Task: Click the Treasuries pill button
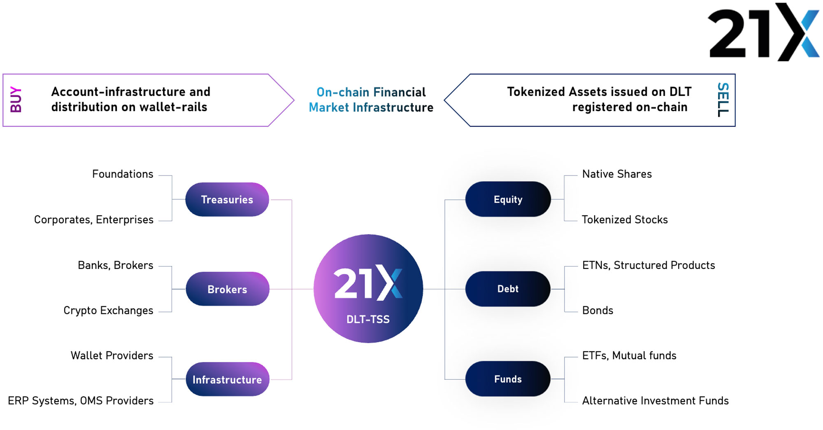tap(227, 200)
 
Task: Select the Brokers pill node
tap(228, 289)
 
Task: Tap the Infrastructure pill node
tap(228, 379)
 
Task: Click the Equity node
tap(508, 199)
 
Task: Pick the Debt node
tap(508, 289)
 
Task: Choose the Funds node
tap(508, 379)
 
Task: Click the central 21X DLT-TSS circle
tap(368, 289)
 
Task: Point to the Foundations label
tap(123, 174)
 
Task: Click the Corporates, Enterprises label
tap(94, 220)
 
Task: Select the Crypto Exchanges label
tap(108, 310)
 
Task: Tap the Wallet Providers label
tap(112, 355)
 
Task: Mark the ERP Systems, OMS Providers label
tap(81, 401)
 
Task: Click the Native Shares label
tap(617, 174)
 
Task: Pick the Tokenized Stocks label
tap(625, 220)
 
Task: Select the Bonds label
tap(597, 310)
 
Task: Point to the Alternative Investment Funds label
tap(655, 401)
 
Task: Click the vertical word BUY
tap(16, 100)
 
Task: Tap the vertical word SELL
tap(723, 100)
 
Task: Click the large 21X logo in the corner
tap(763, 33)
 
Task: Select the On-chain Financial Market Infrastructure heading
tap(371, 100)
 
